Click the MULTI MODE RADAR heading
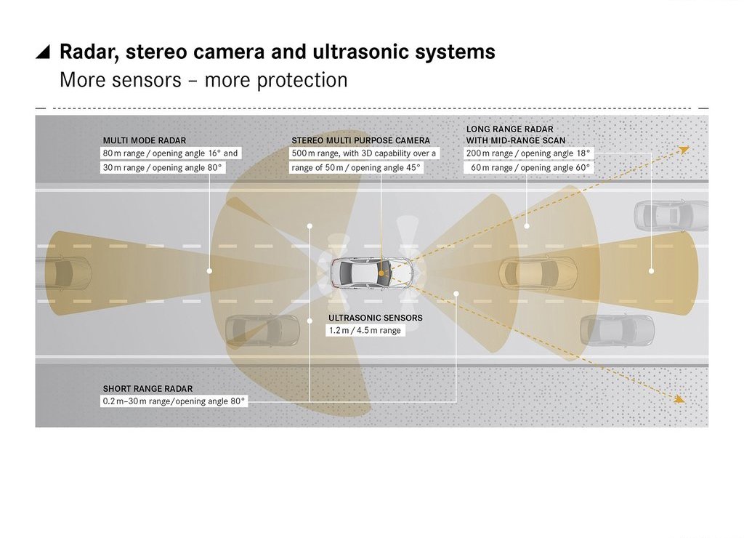(x=145, y=140)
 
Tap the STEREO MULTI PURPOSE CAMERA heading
(x=360, y=140)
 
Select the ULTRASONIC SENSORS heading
(x=376, y=318)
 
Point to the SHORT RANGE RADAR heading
(x=147, y=388)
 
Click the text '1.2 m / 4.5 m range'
(x=365, y=331)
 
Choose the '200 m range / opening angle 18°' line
(x=528, y=153)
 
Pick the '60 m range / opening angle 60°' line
(x=530, y=168)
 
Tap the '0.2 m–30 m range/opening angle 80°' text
(x=174, y=401)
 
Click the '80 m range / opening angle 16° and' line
(x=170, y=153)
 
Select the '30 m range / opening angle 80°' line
(x=162, y=168)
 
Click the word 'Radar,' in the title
(x=89, y=52)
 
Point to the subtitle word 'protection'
(x=302, y=80)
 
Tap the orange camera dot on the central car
(x=381, y=273)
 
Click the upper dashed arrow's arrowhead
(x=684, y=150)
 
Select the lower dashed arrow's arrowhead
(x=680, y=400)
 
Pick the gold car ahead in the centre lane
(x=538, y=273)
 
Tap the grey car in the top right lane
(x=671, y=216)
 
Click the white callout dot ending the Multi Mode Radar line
(x=209, y=270)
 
